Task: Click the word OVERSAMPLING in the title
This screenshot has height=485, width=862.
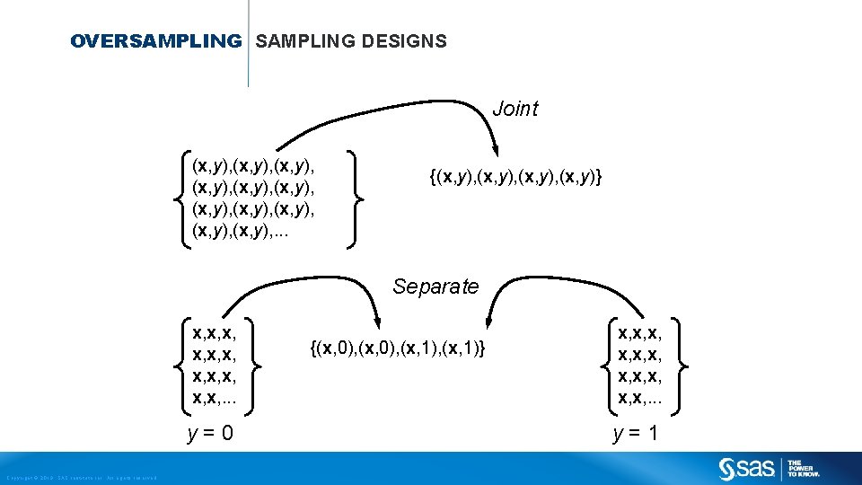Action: click(x=155, y=41)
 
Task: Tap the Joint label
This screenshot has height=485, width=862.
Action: click(x=515, y=109)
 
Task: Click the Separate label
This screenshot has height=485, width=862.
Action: click(x=435, y=287)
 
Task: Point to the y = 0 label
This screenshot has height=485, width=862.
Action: click(x=210, y=434)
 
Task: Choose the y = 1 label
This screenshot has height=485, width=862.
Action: click(x=636, y=434)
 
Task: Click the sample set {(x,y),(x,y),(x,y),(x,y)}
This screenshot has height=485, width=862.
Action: click(x=515, y=178)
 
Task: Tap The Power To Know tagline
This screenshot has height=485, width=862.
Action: click(x=800, y=468)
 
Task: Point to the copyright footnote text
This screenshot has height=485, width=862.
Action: click(x=81, y=477)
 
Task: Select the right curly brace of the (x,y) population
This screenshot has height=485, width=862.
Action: click(x=356, y=198)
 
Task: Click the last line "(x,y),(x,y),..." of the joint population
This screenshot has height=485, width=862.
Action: click(x=241, y=232)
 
